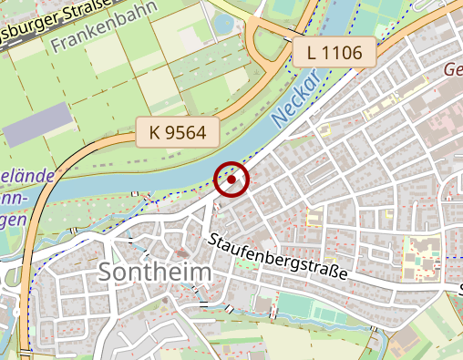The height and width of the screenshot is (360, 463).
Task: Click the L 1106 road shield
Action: coord(334,53)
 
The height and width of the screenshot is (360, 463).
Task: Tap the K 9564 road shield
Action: coord(178,134)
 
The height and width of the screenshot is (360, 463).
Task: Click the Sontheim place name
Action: coord(154,272)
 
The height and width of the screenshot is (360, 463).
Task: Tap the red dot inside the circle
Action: coord(231,180)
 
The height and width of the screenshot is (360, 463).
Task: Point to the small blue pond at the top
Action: coord(223,22)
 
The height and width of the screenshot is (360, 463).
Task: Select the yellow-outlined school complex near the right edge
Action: coord(421,254)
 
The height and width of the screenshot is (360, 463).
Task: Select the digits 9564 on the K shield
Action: coord(188,134)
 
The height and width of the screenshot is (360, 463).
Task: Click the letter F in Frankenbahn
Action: coord(57,43)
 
